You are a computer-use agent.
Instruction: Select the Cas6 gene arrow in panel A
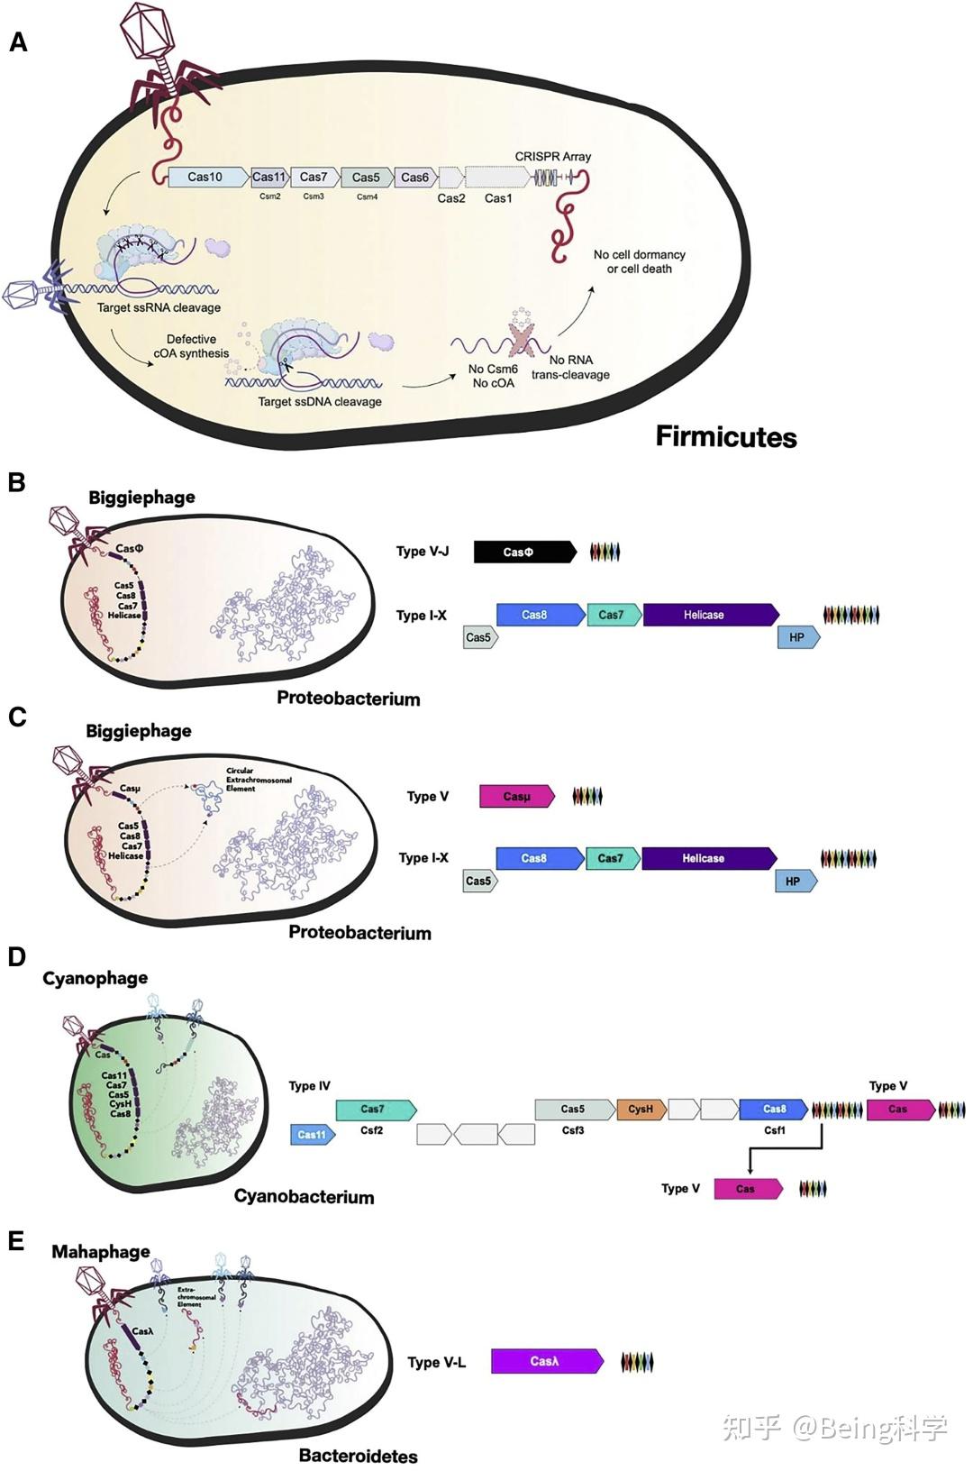point(416,178)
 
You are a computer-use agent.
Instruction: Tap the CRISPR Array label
point(552,156)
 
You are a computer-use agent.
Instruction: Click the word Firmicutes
point(725,437)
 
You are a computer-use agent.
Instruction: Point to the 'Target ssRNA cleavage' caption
point(159,307)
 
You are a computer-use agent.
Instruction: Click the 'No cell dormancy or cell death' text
point(639,261)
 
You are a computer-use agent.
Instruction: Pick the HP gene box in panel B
point(797,637)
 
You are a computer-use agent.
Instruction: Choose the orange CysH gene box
point(641,1109)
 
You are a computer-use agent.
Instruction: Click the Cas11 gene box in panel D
point(312,1134)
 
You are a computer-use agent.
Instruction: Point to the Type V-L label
point(436,1362)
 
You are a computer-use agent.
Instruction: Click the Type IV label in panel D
point(309,1085)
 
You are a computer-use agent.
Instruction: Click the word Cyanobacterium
point(304,1196)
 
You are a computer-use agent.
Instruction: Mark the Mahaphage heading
point(101,1251)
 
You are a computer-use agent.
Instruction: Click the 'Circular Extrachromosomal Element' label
point(258,780)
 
